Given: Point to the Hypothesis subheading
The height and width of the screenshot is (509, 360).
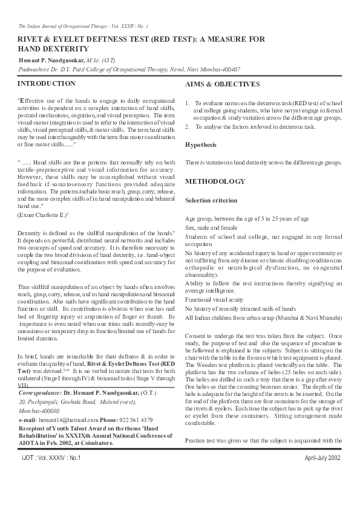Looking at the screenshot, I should [x=201, y=145].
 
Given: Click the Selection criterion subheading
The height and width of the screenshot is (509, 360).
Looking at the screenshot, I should [x=211, y=200].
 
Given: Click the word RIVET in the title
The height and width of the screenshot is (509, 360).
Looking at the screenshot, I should [x=31, y=39].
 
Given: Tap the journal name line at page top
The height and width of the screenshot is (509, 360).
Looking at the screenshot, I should [x=83, y=27].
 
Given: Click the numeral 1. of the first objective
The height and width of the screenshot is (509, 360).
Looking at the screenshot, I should [x=188, y=104].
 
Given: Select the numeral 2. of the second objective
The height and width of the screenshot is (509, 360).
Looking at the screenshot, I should [x=188, y=128].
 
